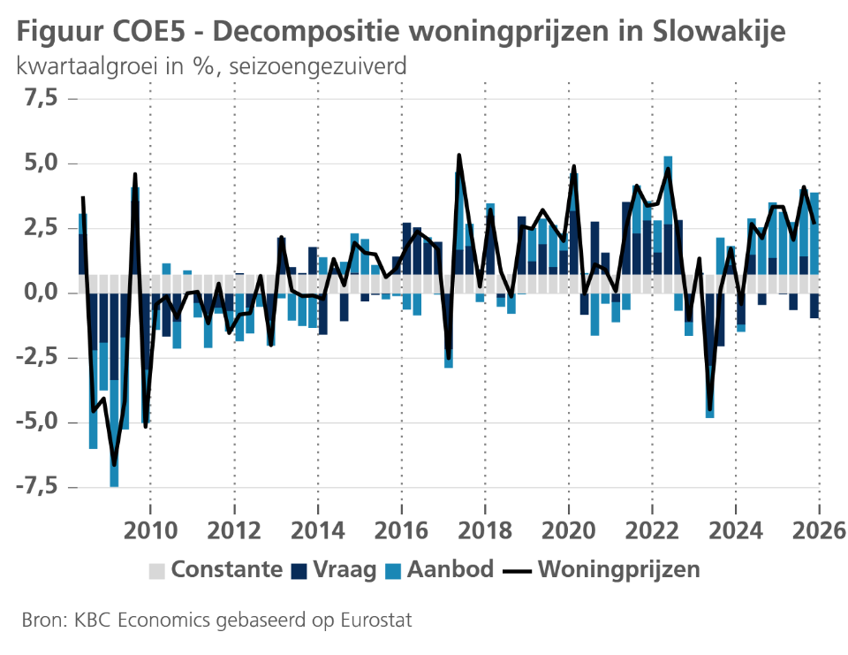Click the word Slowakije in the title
[x=719, y=32]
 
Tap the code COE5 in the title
[x=148, y=32]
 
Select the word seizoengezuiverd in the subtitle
[x=318, y=66]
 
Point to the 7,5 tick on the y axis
[x=42, y=98]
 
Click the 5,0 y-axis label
[x=42, y=163]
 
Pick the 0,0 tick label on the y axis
[x=42, y=293]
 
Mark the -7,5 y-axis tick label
[x=36, y=487]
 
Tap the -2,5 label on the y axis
[x=36, y=357]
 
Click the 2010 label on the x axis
[x=150, y=530]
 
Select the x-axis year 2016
[x=401, y=530]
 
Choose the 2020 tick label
[x=568, y=530]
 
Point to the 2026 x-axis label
[x=819, y=530]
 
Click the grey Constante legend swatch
[x=157, y=571]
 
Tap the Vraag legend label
[x=344, y=569]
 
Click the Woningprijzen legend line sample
[x=518, y=571]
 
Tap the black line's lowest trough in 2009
[x=114, y=464]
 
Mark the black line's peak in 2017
[x=459, y=156]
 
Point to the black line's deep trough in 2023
[x=710, y=409]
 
